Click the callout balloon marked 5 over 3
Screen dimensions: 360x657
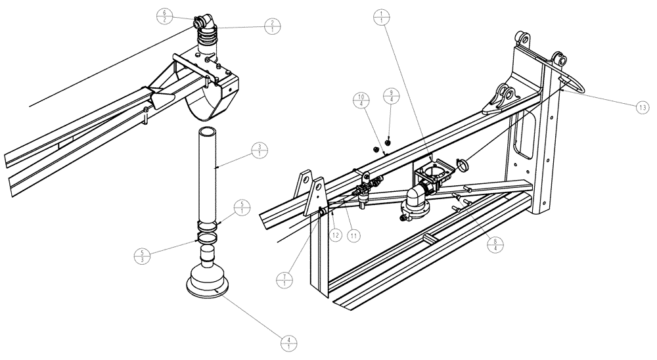pos(141,256)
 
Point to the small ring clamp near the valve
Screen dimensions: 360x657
pos(461,164)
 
